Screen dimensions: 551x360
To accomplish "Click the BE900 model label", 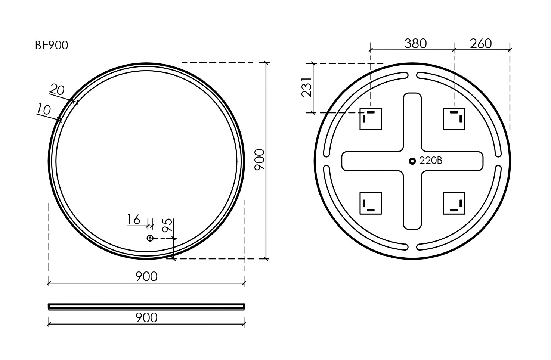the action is coord(52,46).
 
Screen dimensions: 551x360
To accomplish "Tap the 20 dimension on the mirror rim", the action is coord(57,90).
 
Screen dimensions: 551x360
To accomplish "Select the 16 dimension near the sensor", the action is coord(134,219).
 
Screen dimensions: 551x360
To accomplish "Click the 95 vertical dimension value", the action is coord(167,225).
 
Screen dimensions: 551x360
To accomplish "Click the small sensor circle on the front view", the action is coord(150,238).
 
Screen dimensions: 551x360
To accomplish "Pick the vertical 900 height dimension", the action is coord(259,159).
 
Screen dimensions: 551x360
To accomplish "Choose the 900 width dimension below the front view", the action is coord(146,277).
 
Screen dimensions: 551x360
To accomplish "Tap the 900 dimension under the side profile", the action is coord(146,318).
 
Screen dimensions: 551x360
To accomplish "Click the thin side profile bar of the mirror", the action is coord(146,307).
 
